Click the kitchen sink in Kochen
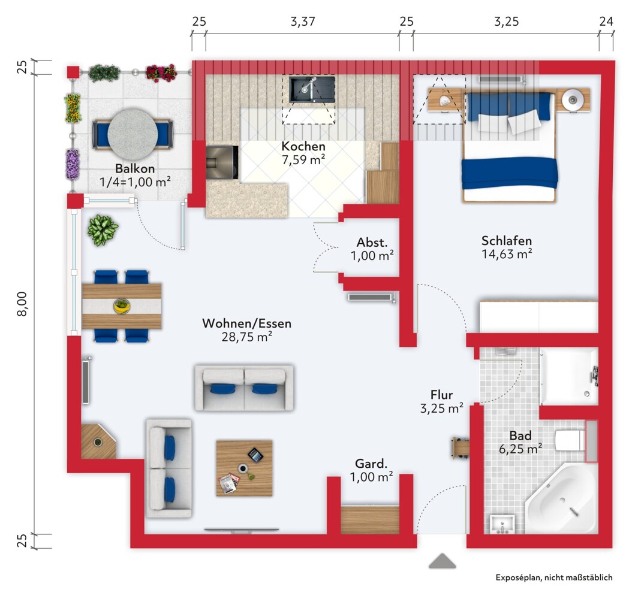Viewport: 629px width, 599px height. (312, 89)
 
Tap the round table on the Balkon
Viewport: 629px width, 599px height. (133, 134)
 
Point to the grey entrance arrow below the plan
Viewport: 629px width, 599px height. (442, 561)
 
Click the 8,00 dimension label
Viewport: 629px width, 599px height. (22, 304)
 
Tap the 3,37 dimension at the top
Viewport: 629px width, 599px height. (303, 21)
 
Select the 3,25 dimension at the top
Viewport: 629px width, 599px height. (506, 21)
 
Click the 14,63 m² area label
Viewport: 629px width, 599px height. (507, 253)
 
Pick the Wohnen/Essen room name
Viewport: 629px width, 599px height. (246, 323)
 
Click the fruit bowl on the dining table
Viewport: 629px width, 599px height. (122, 306)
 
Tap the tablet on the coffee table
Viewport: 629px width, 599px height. (255, 455)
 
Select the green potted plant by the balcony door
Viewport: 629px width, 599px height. (103, 230)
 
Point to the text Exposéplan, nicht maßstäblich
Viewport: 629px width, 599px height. (554, 577)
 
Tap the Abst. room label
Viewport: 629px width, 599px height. (372, 243)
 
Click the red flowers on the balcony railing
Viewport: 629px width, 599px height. (161, 73)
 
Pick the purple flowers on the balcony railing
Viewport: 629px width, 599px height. (73, 164)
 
